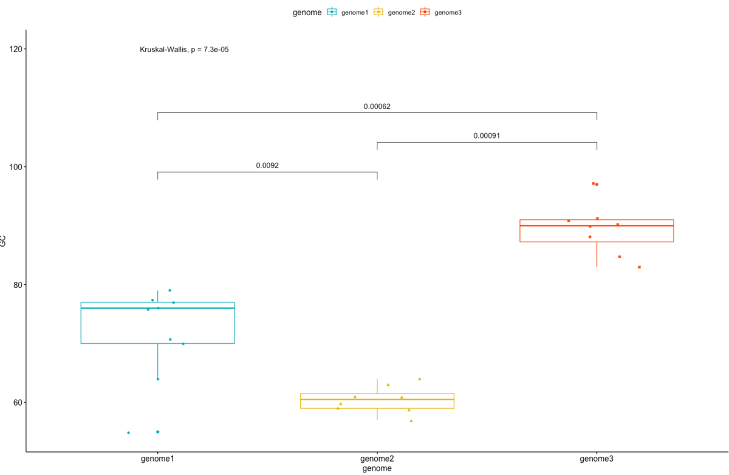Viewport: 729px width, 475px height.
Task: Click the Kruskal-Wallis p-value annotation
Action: (x=184, y=50)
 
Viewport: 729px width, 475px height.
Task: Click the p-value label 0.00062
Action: (x=377, y=106)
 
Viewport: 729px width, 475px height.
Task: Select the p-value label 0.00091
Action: (x=487, y=136)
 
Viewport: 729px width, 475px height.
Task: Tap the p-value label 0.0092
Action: (x=267, y=165)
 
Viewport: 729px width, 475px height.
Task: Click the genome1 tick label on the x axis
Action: (x=157, y=459)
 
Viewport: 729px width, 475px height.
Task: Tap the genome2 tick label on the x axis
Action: (x=377, y=459)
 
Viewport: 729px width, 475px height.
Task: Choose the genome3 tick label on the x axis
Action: (x=597, y=459)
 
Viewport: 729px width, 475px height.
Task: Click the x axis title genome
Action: (x=377, y=469)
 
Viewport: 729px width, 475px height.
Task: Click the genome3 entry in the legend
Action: (x=443, y=12)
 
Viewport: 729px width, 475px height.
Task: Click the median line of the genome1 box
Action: (x=157, y=308)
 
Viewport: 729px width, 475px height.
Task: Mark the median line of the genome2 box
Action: (x=377, y=399)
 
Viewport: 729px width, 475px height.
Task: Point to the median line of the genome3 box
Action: (x=597, y=225)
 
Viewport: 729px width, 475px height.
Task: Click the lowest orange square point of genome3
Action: (x=639, y=267)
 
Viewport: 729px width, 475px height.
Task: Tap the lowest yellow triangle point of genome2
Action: (x=411, y=420)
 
